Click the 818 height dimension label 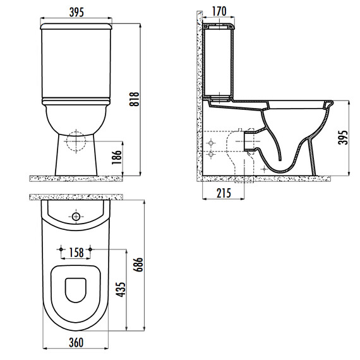tap(135, 99)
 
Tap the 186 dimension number tap(117, 157)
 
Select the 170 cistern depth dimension tap(219, 11)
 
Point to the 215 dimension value tap(224, 193)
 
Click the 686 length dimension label tap(138, 265)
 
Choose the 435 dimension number tap(121, 289)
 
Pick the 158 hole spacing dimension tap(76, 253)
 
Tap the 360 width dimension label tap(76, 342)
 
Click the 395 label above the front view tap(76, 12)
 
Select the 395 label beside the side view tap(343, 138)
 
